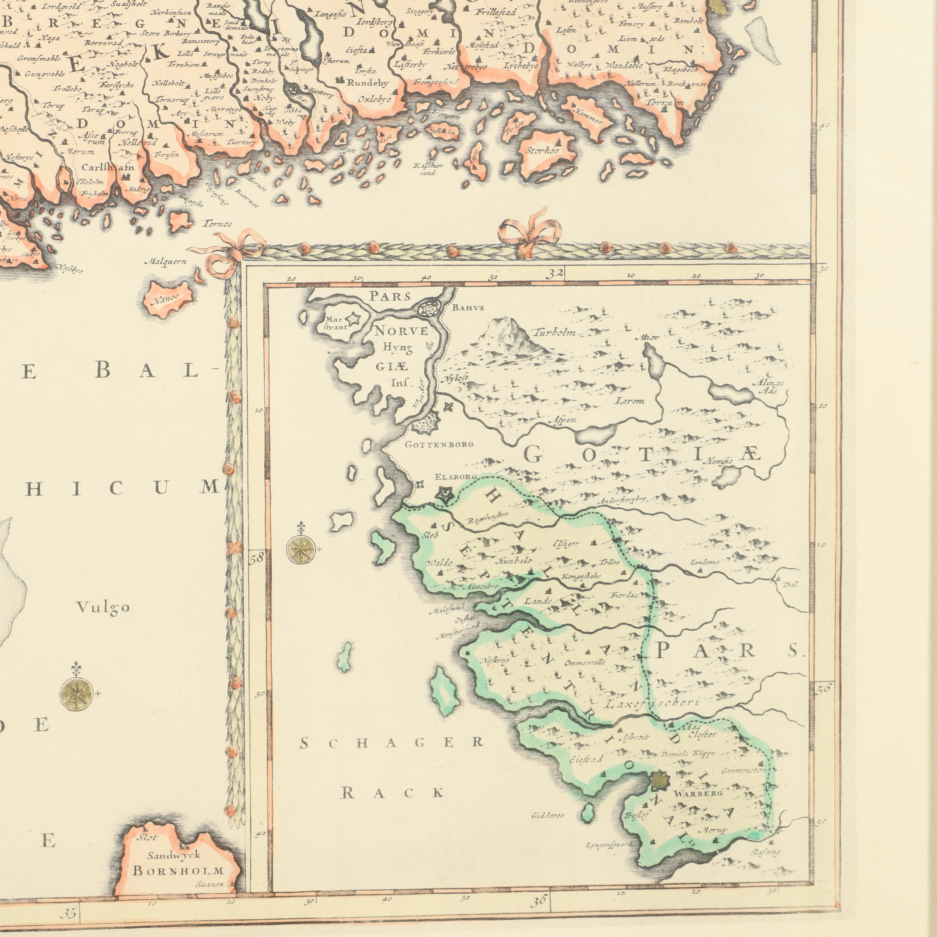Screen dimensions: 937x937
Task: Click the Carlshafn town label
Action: pyautogui.click(x=108, y=168)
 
